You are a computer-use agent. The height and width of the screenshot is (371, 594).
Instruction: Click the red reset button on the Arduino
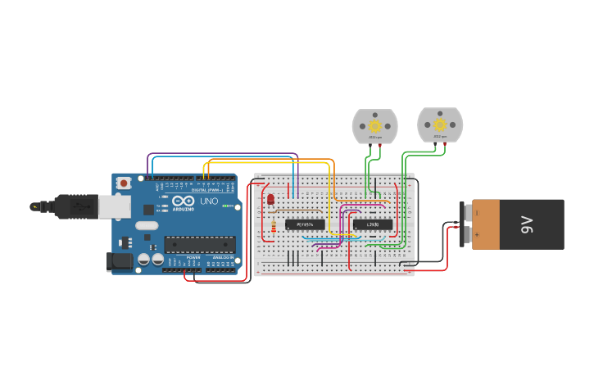[124, 183]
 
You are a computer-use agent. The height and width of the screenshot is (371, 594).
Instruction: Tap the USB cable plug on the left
[79, 207]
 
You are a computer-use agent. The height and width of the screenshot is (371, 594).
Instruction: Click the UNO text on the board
[209, 201]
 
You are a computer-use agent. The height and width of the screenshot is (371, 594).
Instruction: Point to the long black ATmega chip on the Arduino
[199, 243]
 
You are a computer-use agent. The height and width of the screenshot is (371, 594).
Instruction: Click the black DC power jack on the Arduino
[120, 261]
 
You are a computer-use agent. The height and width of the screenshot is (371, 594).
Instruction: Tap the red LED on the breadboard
[270, 199]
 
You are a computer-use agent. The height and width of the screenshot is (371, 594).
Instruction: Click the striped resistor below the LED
[273, 226]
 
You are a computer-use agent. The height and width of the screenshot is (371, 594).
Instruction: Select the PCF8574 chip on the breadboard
[305, 224]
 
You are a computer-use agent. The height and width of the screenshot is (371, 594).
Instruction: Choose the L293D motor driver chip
[372, 224]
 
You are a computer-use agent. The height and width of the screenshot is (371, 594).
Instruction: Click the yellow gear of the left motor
[375, 126]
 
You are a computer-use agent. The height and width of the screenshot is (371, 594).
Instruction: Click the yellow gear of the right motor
[440, 124]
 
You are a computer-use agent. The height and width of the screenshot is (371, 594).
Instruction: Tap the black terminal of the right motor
[435, 143]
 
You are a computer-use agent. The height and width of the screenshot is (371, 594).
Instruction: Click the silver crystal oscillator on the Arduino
[147, 225]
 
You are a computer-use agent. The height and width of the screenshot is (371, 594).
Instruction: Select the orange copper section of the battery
[485, 224]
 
